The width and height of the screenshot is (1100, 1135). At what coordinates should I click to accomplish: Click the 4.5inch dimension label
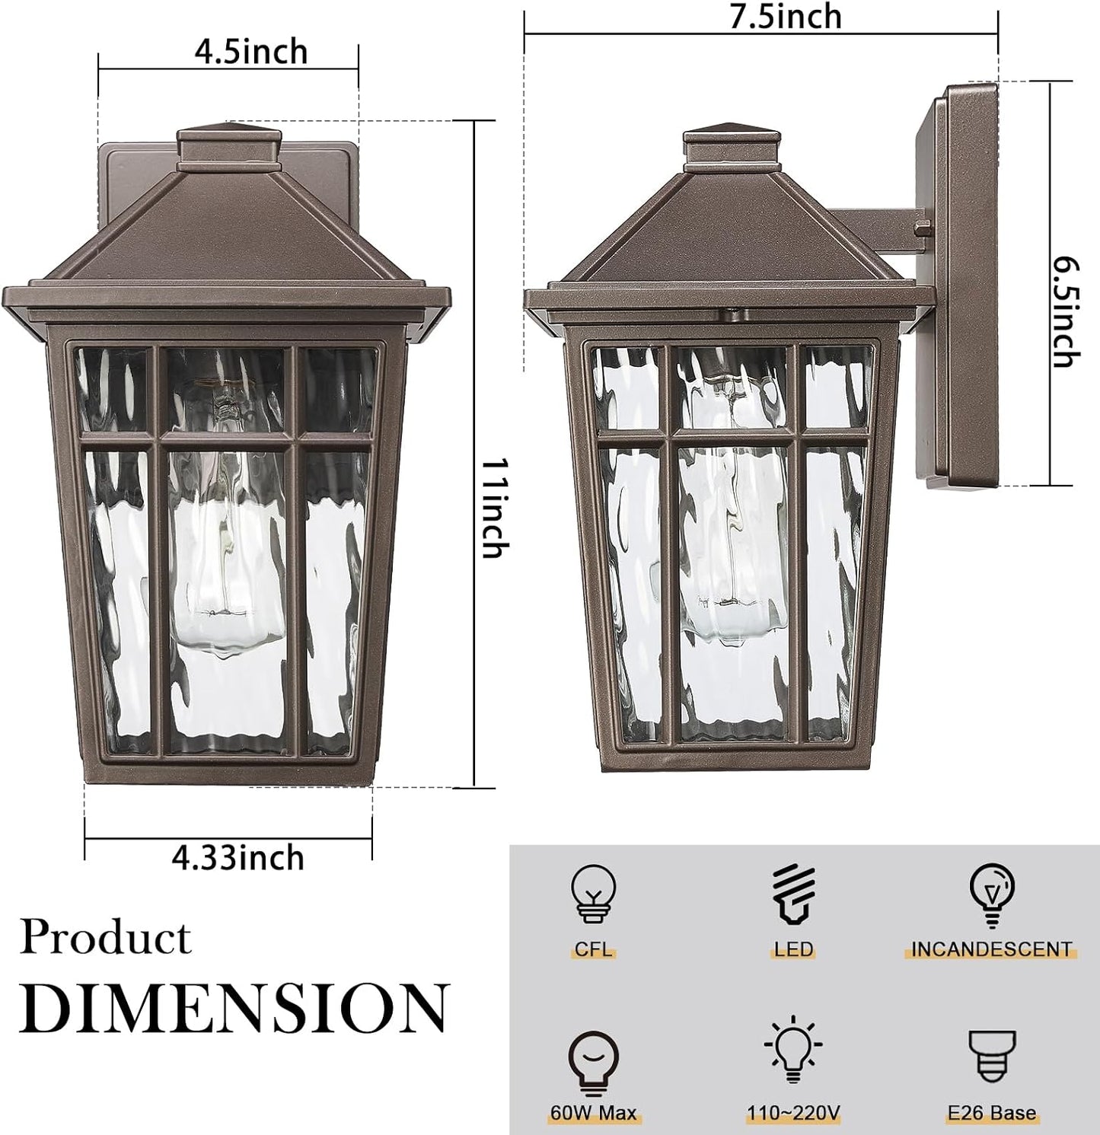(x=251, y=52)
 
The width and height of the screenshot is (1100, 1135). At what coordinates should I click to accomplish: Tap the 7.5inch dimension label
(x=786, y=16)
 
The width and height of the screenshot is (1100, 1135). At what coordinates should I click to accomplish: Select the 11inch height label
(x=496, y=508)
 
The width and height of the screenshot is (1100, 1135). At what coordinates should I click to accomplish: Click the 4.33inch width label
(x=238, y=858)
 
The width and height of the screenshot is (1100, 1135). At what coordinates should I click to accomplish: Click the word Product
(x=105, y=937)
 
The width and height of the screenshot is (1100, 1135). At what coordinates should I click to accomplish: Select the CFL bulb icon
(x=593, y=895)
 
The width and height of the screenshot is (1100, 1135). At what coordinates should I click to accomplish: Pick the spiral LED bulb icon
(x=793, y=895)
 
